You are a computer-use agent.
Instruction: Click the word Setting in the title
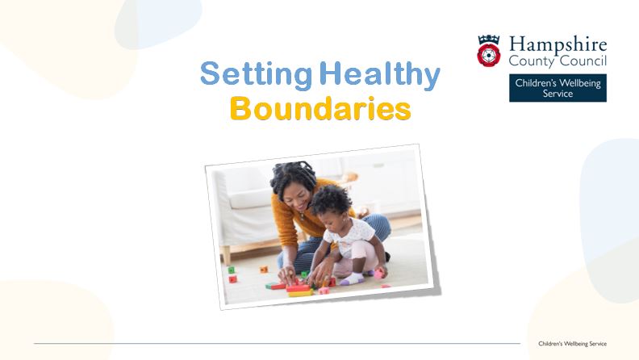256,74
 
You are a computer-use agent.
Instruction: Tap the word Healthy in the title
380,74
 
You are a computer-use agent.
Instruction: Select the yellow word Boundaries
320,108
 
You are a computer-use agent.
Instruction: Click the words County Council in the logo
558,61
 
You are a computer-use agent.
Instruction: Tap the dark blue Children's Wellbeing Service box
558,88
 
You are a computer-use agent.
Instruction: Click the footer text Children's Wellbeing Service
572,344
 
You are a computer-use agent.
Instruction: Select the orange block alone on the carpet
264,270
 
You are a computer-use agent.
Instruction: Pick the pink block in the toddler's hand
378,274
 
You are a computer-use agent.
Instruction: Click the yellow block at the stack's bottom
300,293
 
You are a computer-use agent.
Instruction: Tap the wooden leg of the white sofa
225,254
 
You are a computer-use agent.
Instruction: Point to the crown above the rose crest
489,40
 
